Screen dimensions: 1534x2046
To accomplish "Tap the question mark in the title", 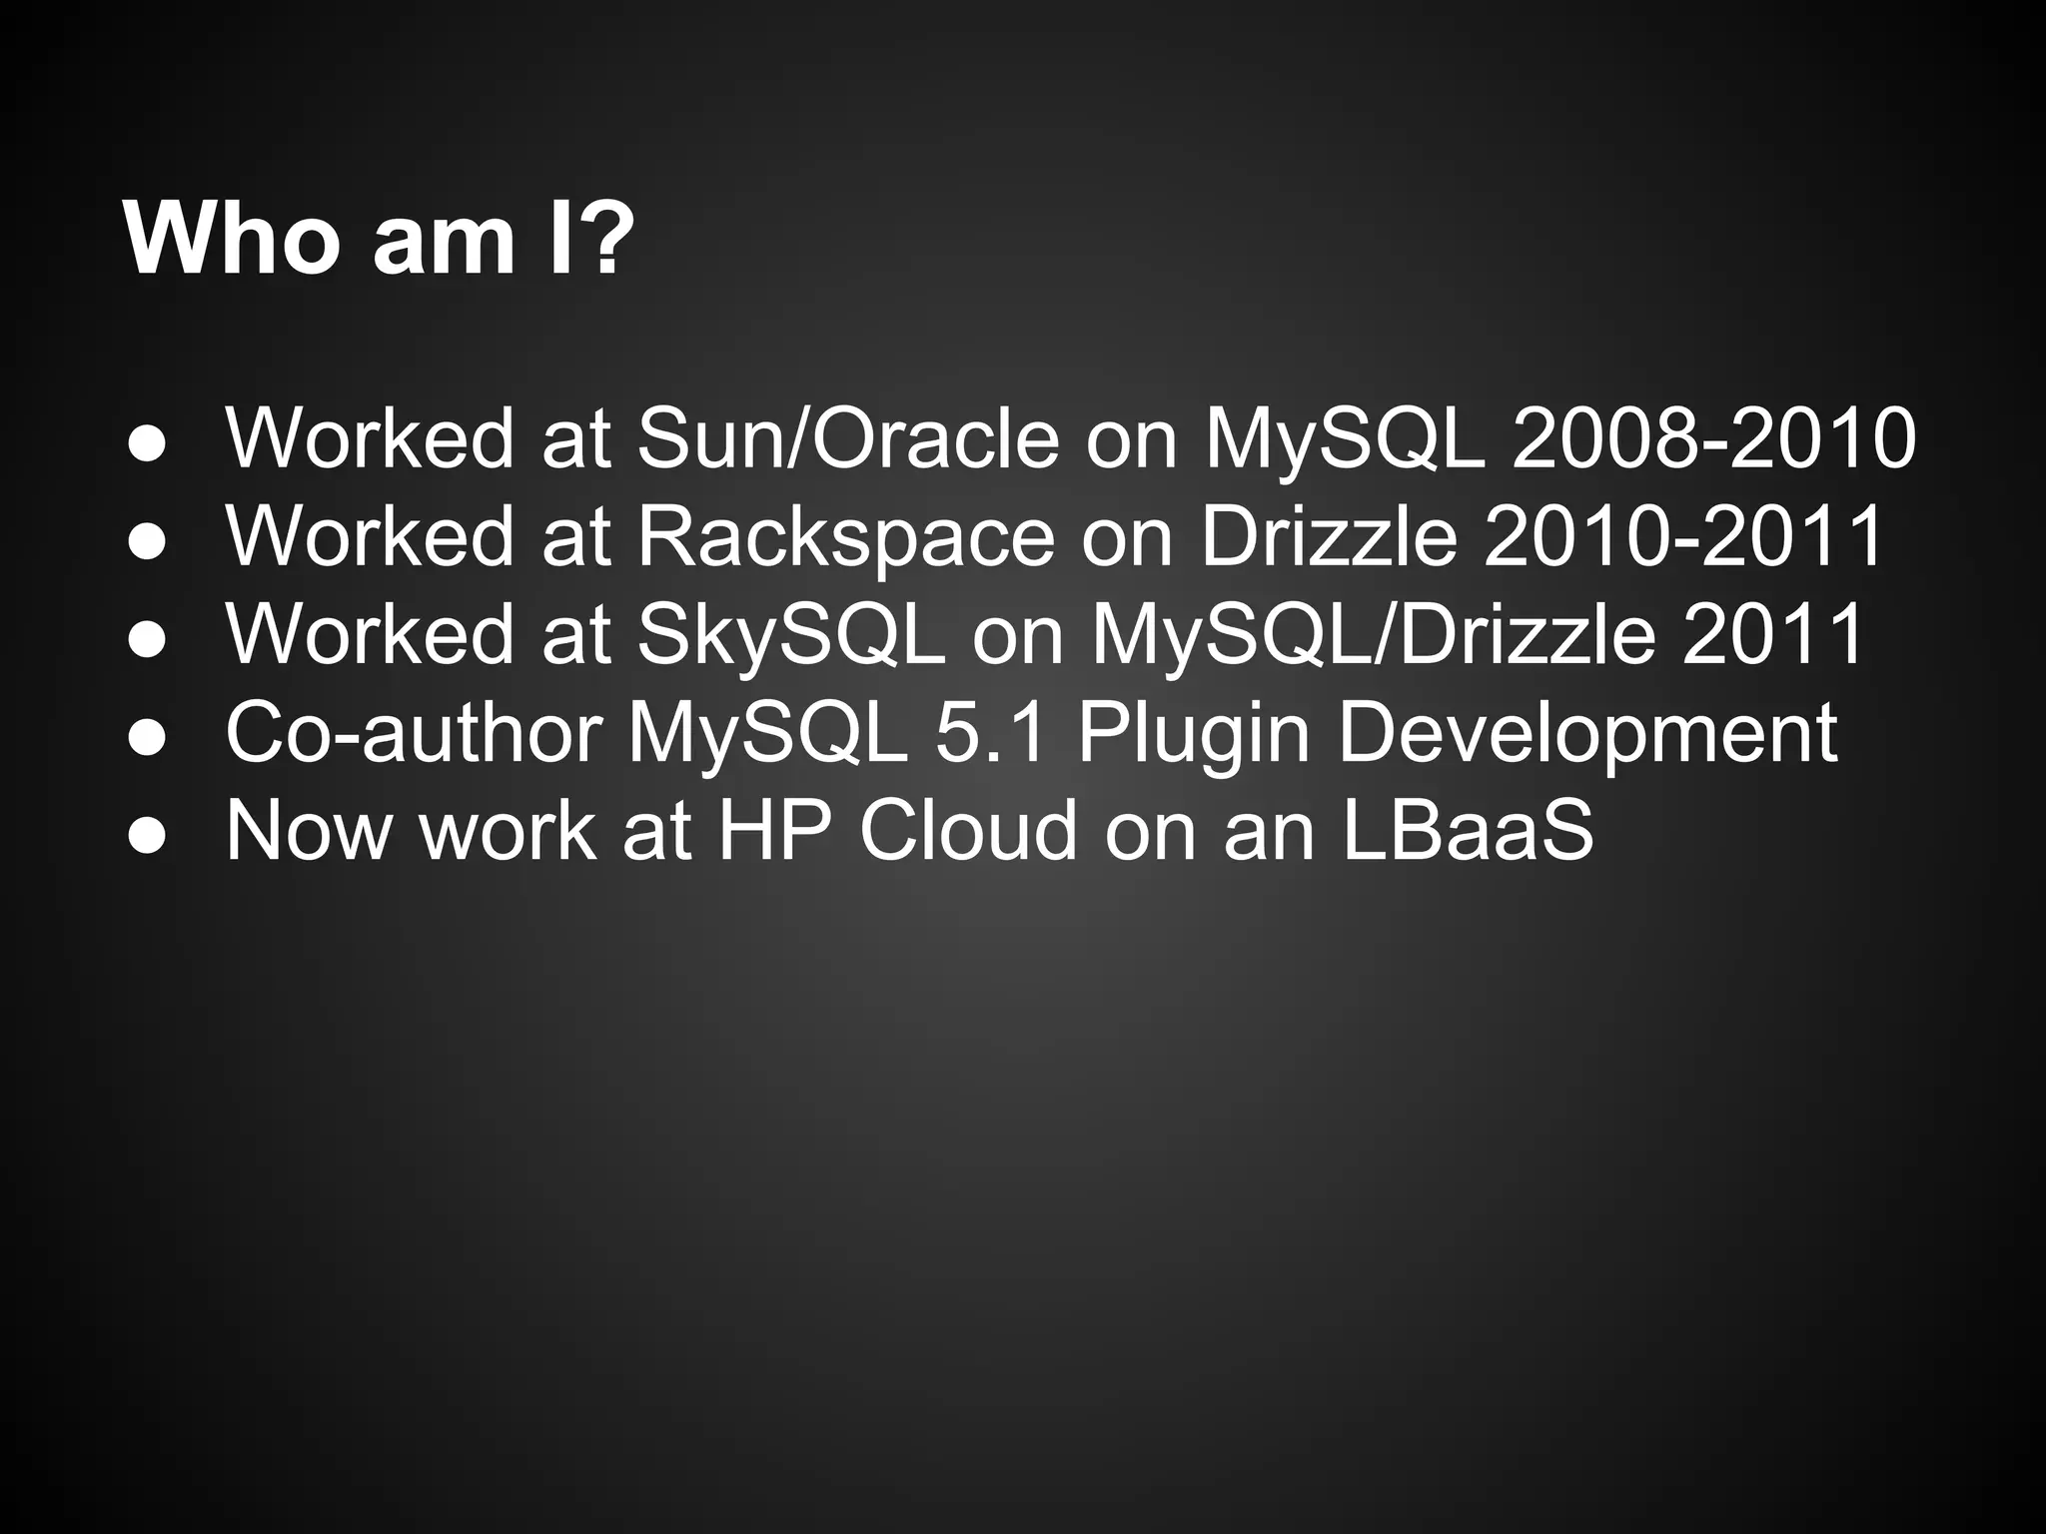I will [x=604, y=240].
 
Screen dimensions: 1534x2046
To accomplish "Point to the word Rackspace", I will [x=845, y=536].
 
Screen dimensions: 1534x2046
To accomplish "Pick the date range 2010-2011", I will [x=1684, y=536].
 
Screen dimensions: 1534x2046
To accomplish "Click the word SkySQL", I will [x=790, y=634].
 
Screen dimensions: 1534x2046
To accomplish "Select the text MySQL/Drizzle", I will [x=1373, y=634].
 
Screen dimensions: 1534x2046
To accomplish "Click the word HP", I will [x=777, y=830].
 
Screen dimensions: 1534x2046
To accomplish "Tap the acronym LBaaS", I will [x=1467, y=830].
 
